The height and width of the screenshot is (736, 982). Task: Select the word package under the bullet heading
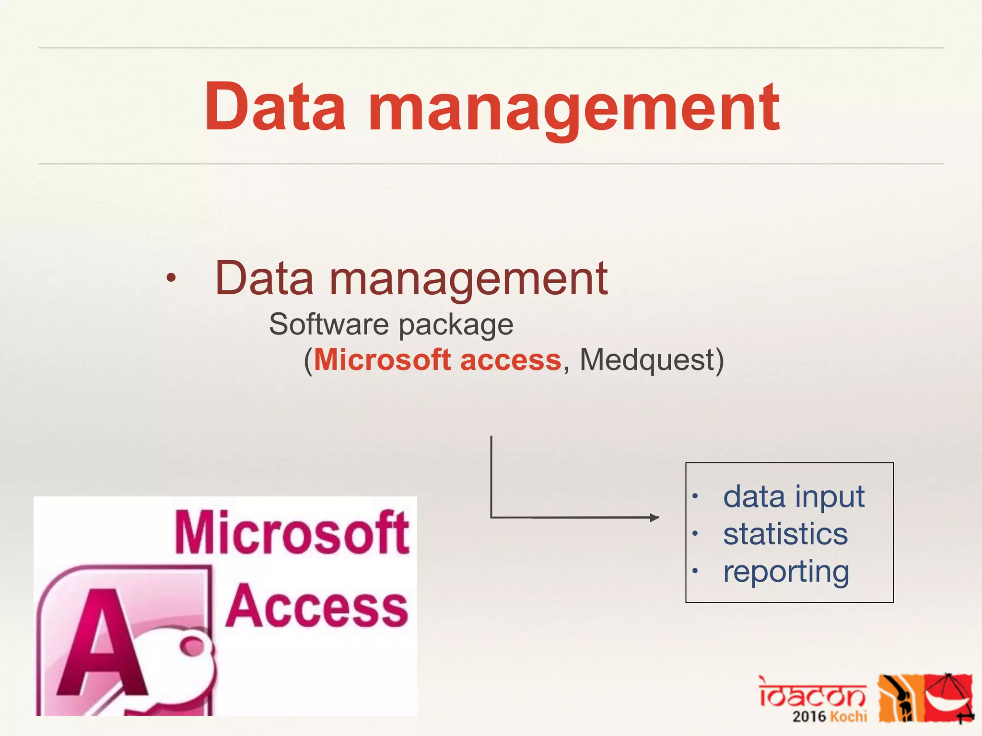pyautogui.click(x=456, y=326)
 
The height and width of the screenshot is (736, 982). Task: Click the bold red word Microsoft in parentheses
pyautogui.click(x=382, y=360)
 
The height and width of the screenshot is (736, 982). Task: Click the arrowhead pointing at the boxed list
pyautogui.click(x=655, y=517)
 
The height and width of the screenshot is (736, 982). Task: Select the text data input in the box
pyautogui.click(x=794, y=496)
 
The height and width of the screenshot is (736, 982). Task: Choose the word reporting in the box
pyautogui.click(x=786, y=572)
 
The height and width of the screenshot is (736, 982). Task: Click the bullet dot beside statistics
pyautogui.click(x=695, y=533)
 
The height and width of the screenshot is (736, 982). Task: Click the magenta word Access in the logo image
pyautogui.click(x=316, y=606)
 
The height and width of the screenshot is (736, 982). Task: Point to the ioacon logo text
pyautogui.click(x=812, y=692)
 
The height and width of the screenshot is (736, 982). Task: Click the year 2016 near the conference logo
pyautogui.click(x=809, y=717)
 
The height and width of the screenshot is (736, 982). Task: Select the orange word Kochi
pyautogui.click(x=848, y=717)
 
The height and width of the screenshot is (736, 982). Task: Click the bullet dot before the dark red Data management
pyautogui.click(x=171, y=278)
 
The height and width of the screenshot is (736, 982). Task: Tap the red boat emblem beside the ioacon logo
pyautogui.click(x=948, y=697)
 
